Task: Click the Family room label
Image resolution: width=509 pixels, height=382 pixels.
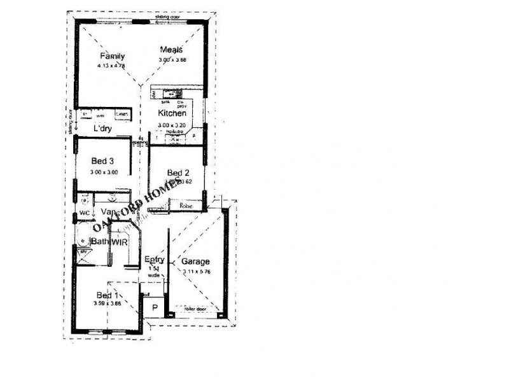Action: point(111,56)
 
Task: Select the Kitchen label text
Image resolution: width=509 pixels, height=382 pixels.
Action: point(172,113)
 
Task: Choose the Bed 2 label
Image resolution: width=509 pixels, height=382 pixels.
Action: point(178,173)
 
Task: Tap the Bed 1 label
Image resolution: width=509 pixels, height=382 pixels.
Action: point(107,295)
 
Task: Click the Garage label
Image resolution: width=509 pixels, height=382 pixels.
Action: point(195,262)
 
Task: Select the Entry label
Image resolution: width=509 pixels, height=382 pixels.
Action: point(155,260)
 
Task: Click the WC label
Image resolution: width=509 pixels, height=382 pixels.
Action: point(84,213)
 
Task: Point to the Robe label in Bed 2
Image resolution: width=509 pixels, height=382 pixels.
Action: point(186,206)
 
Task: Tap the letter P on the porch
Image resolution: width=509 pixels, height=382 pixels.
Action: point(154,308)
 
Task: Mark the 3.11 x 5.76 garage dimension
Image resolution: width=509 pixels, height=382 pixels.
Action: point(195,272)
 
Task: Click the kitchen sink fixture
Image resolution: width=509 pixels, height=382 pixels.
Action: point(167,95)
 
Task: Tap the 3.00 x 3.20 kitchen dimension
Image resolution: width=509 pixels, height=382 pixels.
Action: point(172,125)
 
